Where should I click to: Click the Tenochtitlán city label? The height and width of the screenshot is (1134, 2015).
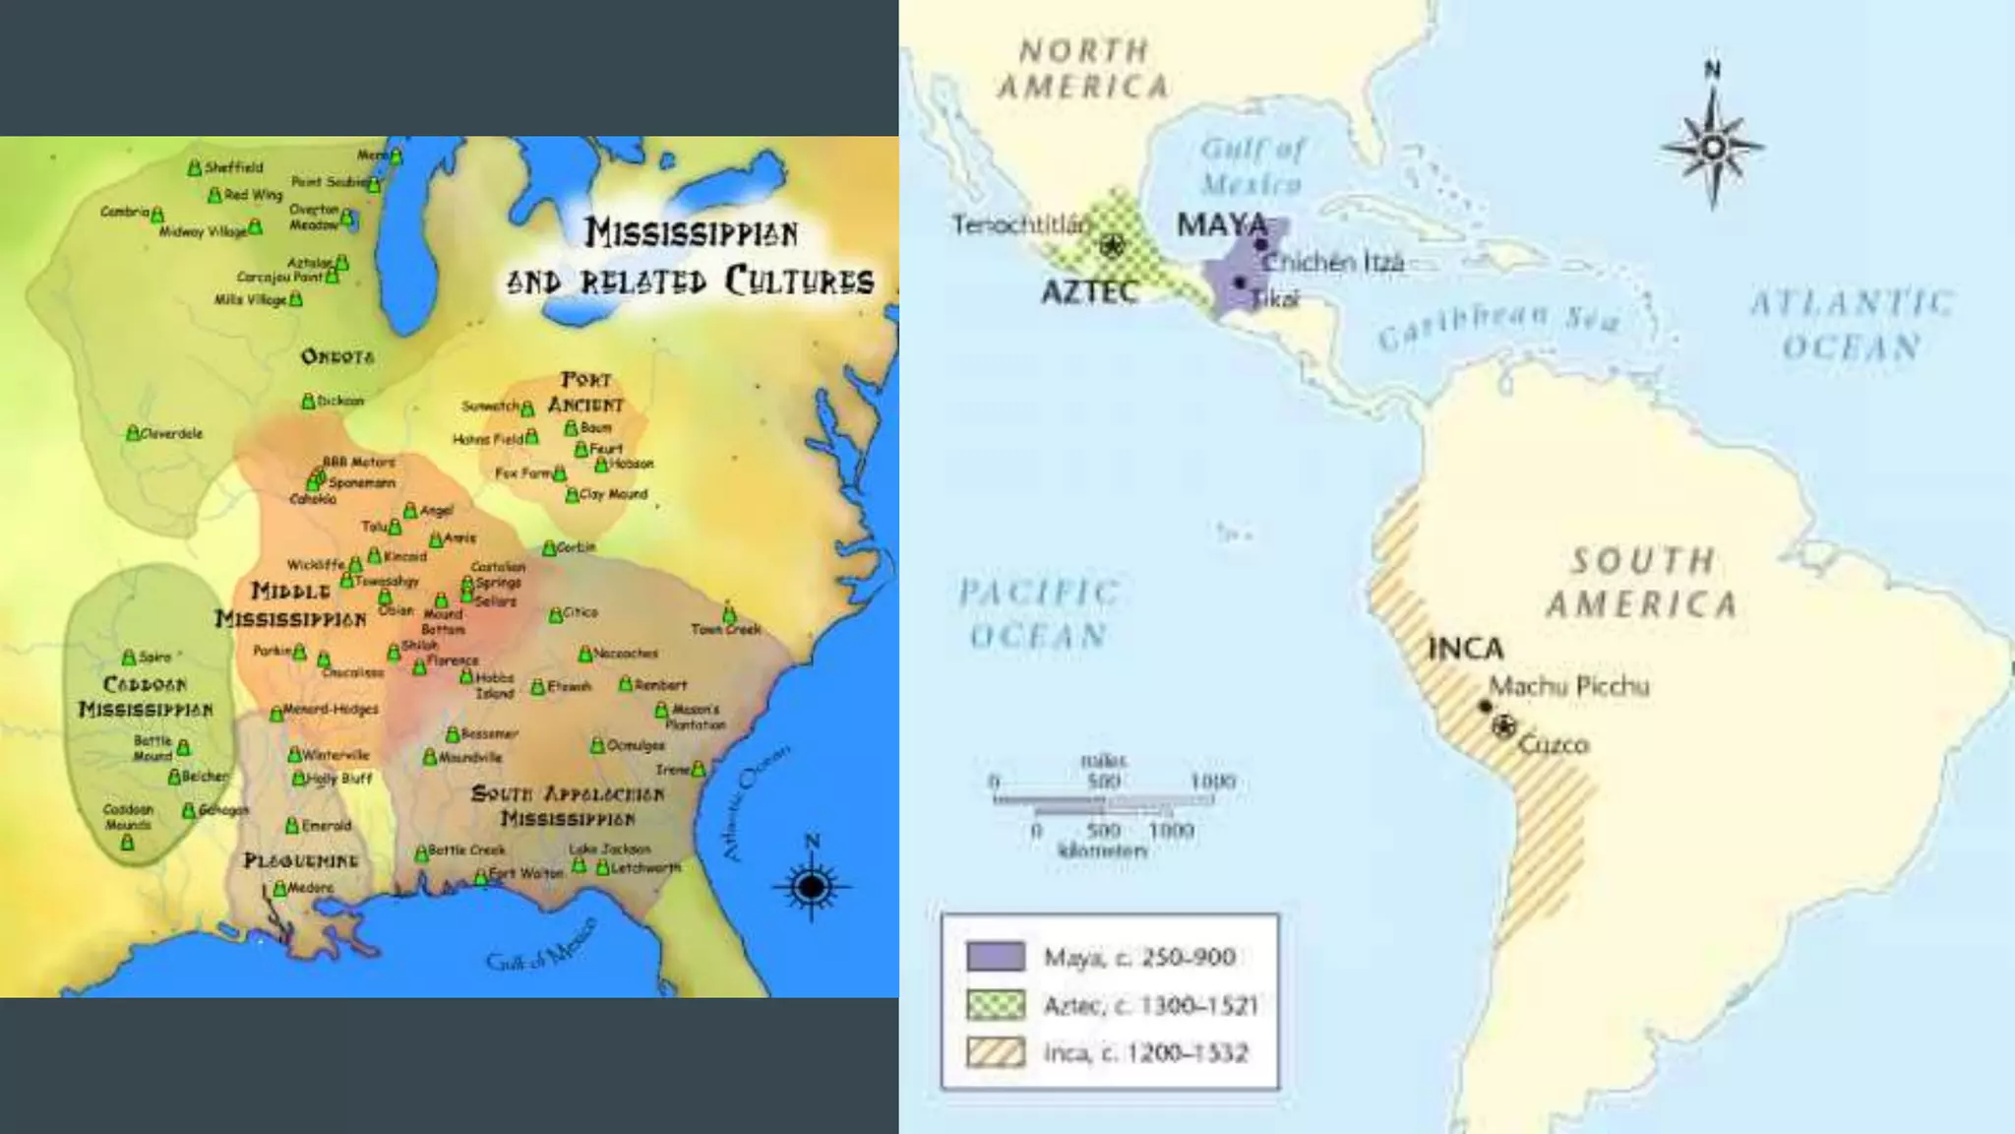coord(1020,225)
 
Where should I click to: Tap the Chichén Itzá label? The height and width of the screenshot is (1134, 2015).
coord(1332,263)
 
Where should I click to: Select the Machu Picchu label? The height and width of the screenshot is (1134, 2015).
coord(1568,686)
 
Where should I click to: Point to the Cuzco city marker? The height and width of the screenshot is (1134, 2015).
coord(1503,727)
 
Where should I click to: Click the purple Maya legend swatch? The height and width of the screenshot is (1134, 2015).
coord(996,957)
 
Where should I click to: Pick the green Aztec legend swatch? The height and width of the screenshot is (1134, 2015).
coord(996,1005)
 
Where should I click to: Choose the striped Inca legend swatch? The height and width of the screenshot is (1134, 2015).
coord(996,1052)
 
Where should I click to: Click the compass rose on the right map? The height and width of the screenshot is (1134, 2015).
coord(1713,148)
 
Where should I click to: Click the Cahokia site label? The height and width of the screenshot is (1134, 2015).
coord(313,499)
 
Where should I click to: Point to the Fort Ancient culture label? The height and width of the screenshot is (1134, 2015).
coord(586,392)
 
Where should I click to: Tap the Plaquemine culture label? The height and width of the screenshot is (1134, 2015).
coord(301,860)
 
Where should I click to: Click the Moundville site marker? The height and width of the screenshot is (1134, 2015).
coord(430,757)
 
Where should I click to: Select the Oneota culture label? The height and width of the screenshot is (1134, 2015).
coord(337,356)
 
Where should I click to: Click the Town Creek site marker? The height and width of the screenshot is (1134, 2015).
coord(729,615)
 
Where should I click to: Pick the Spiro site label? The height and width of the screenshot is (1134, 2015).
coord(154,657)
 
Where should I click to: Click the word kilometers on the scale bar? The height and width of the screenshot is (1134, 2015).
coord(1102,850)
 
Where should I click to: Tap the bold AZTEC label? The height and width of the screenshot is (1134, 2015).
coord(1089,292)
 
